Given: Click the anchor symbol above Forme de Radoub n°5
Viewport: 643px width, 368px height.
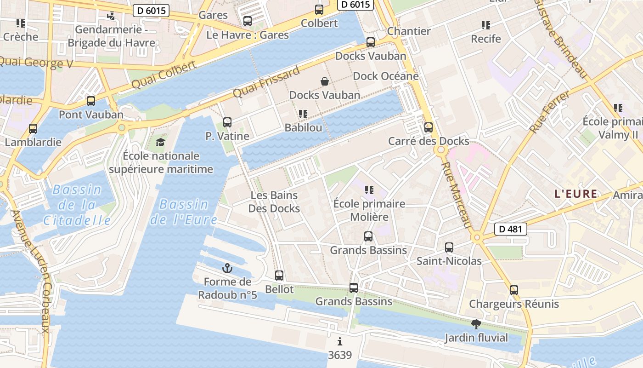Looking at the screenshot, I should click(x=227, y=268).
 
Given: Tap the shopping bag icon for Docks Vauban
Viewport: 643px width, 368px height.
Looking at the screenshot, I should click(x=325, y=81).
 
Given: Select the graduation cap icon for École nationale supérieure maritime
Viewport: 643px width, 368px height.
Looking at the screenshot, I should click(x=160, y=142).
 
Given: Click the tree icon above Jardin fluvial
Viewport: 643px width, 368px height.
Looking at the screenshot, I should click(x=476, y=324).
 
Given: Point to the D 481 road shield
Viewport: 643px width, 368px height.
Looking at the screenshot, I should click(x=511, y=229).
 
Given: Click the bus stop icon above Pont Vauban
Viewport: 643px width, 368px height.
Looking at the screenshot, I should click(x=91, y=101).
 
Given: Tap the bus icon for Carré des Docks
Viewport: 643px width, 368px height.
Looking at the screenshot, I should click(x=429, y=127).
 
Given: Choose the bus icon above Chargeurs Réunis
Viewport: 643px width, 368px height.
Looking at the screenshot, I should click(x=514, y=290).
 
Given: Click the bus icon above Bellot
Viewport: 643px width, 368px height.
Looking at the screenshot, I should click(x=279, y=276).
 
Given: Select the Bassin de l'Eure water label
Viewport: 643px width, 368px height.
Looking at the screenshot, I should click(x=184, y=212).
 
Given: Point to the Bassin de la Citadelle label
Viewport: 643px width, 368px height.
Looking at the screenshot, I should click(x=77, y=205).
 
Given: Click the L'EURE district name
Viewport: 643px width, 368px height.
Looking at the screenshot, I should click(x=575, y=194).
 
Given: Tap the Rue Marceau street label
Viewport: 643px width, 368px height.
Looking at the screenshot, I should click(x=457, y=195).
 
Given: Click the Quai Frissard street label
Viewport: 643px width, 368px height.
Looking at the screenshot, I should click(x=266, y=81).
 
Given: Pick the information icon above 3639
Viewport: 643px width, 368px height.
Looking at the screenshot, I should click(x=340, y=341).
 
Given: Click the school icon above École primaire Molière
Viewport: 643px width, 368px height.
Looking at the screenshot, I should click(x=369, y=190).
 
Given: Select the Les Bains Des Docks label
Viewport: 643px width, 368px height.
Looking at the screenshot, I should click(x=274, y=202).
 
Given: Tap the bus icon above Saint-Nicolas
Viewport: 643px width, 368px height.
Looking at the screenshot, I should click(x=449, y=247).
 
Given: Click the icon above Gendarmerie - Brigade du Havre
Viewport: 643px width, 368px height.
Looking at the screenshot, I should click(x=111, y=16).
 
